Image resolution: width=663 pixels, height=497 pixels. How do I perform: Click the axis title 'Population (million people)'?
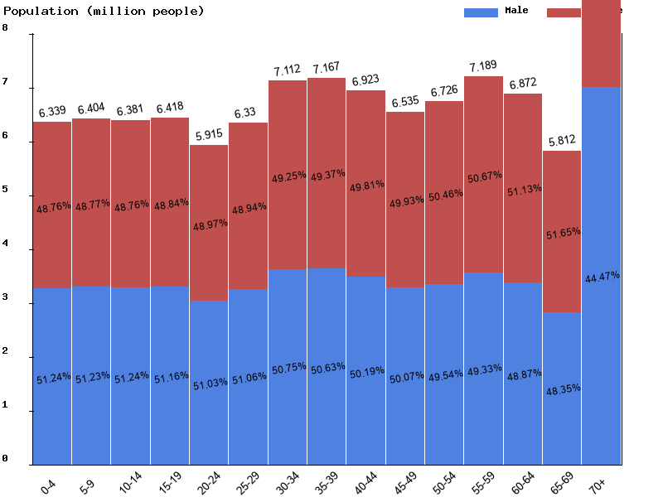[104, 11]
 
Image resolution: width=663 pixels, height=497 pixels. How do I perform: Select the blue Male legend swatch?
[481, 12]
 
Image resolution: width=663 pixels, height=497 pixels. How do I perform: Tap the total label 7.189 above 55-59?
[484, 66]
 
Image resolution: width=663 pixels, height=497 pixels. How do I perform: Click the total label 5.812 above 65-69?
[562, 140]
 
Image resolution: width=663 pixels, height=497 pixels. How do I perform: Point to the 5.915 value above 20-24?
[209, 134]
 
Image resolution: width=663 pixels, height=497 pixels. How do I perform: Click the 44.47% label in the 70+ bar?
[602, 277]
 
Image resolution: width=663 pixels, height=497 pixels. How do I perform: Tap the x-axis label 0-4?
[49, 485]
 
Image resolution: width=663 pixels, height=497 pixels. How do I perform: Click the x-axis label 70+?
[598, 485]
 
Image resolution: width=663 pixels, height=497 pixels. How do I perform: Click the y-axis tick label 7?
[5, 83]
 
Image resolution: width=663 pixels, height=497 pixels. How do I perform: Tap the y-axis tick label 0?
[5, 459]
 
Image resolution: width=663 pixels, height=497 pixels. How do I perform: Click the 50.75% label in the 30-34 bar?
[288, 367]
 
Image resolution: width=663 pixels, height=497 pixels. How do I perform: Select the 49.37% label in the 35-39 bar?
[327, 175]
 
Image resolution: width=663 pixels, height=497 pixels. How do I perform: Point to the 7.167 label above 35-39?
[327, 67]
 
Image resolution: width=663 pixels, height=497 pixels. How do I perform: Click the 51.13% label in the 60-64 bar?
[523, 189]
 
